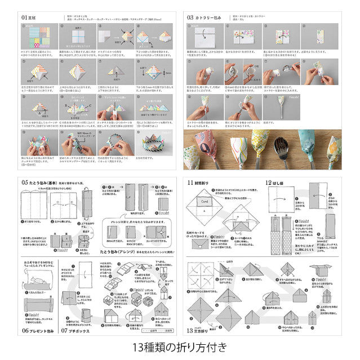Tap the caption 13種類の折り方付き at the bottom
tap(180, 346)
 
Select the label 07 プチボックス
tap(79, 330)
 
